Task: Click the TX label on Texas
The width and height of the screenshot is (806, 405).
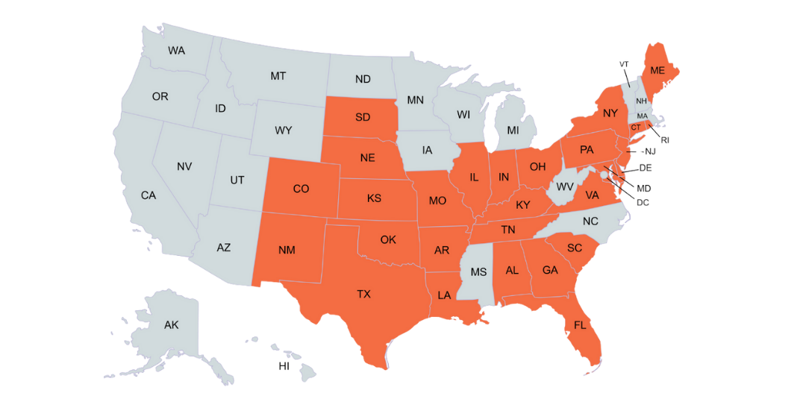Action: click(x=363, y=295)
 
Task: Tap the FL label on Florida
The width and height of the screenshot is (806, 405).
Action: click(x=580, y=325)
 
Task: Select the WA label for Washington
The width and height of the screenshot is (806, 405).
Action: click(x=177, y=51)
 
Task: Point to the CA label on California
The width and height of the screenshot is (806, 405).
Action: click(x=149, y=195)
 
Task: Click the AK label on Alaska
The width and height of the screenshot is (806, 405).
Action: click(x=172, y=324)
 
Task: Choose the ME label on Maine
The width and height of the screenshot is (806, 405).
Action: click(x=657, y=70)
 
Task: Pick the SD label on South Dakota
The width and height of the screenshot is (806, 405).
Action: click(x=363, y=117)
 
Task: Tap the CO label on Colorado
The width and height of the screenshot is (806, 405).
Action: click(x=301, y=189)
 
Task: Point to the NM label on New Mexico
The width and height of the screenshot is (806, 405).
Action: click(x=287, y=250)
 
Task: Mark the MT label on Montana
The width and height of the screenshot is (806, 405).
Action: click(x=278, y=76)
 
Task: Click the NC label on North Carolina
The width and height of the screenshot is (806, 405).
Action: click(x=590, y=222)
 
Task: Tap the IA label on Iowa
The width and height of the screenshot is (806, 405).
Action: click(x=427, y=150)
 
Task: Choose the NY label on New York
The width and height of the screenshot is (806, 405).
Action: click(x=610, y=113)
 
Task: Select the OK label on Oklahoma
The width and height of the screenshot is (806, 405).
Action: click(x=388, y=240)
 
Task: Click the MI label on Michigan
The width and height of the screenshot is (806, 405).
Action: click(x=513, y=131)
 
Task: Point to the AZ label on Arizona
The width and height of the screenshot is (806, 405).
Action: click(x=223, y=248)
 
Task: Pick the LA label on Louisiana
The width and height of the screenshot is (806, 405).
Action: click(x=444, y=295)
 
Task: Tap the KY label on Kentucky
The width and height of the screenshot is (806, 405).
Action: click(x=523, y=205)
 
